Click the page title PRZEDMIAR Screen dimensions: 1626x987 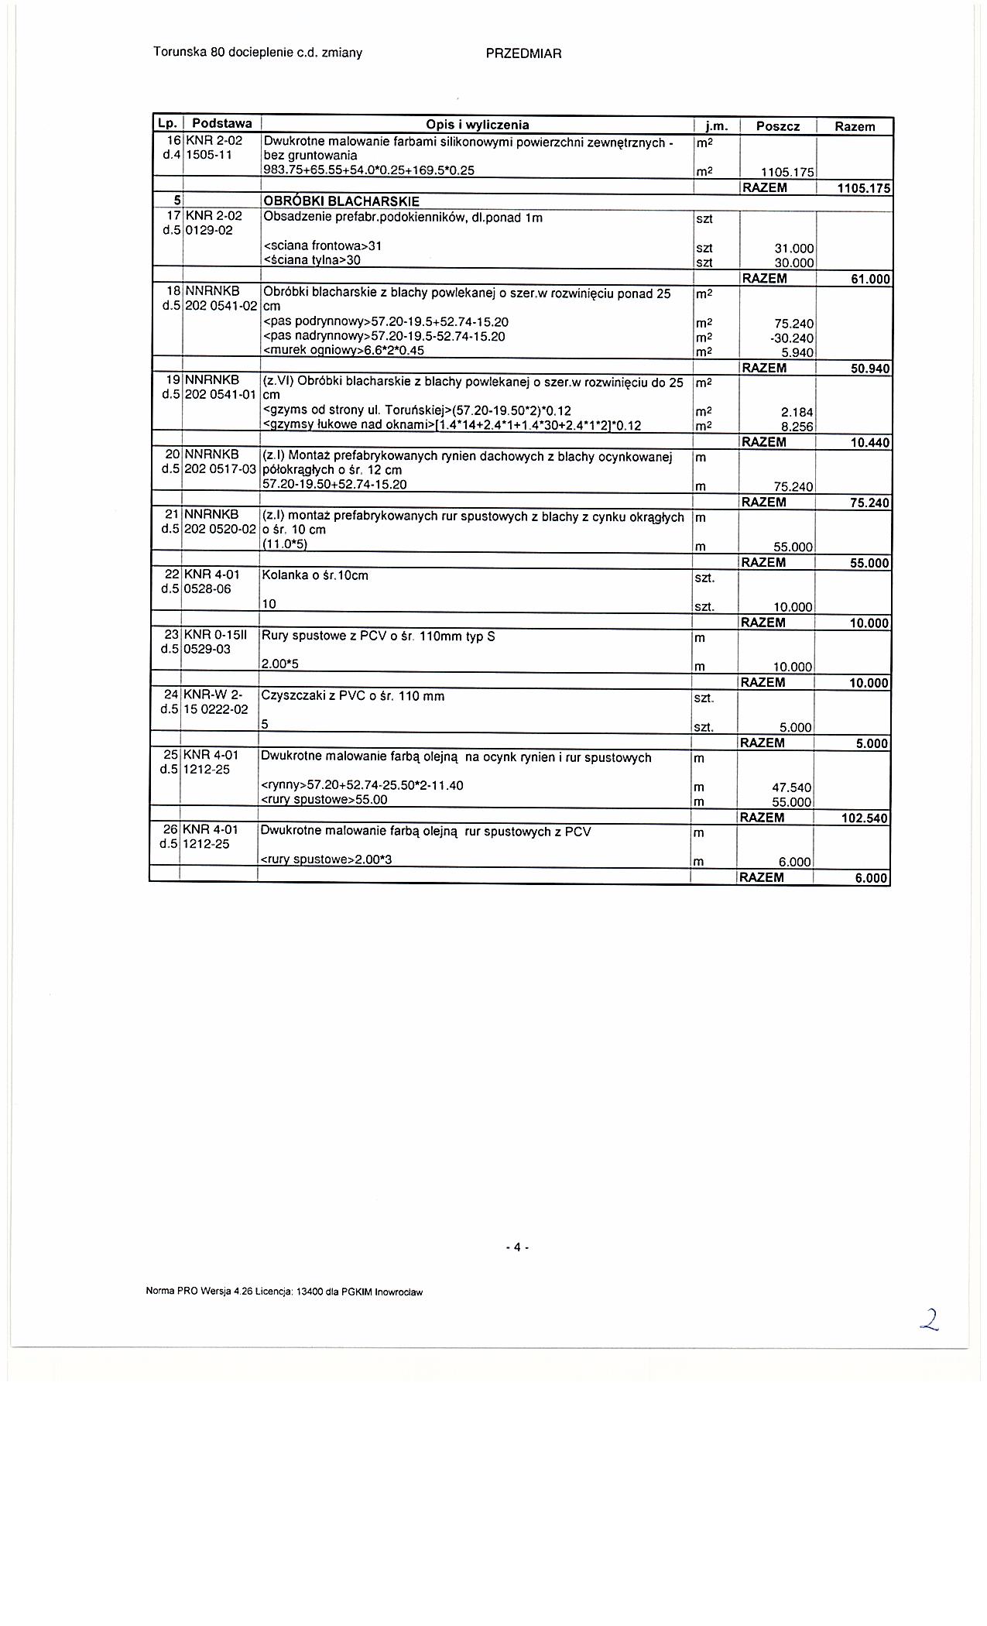(x=523, y=53)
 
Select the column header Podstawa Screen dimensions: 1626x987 (x=221, y=124)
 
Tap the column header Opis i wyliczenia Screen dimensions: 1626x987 (x=477, y=125)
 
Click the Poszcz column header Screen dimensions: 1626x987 (x=778, y=126)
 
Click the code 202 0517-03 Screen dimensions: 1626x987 (x=220, y=469)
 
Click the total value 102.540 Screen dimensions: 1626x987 (x=864, y=818)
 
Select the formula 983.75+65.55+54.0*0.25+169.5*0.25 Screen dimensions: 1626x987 (x=368, y=170)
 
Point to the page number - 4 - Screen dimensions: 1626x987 (x=516, y=1247)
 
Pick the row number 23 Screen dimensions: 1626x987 (x=171, y=636)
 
